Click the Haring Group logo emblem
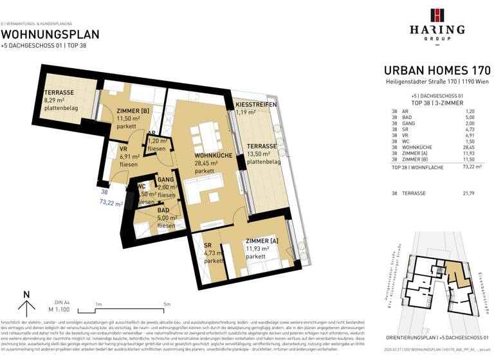coord(437,15)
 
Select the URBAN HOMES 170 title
coord(437,71)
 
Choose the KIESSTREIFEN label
coord(256,104)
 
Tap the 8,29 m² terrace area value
coord(57,100)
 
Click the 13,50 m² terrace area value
coord(261,154)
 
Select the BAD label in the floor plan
coord(164,210)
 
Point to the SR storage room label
coord(208,245)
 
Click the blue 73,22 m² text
coord(111,202)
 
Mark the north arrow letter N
coord(26,295)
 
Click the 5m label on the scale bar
coord(167,304)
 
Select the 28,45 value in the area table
coord(473,146)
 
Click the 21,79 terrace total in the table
coord(473,193)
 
